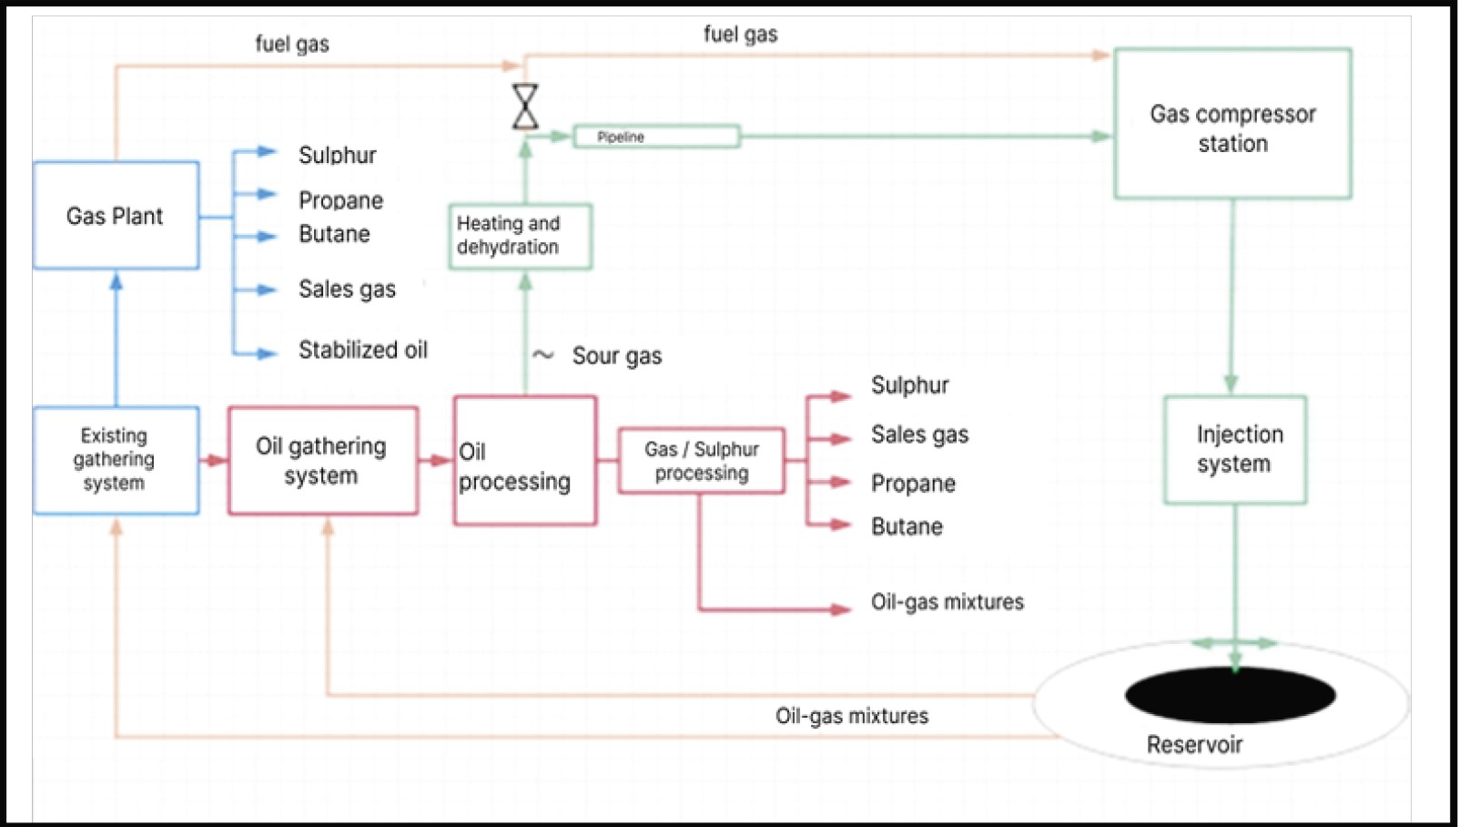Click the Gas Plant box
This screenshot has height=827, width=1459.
tap(116, 216)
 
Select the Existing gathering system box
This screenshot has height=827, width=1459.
tap(116, 460)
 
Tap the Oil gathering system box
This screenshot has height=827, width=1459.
tap(322, 461)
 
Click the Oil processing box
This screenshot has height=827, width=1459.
tap(525, 461)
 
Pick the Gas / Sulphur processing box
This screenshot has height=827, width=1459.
tap(701, 461)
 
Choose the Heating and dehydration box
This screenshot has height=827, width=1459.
tap(520, 236)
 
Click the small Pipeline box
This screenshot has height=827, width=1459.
tap(656, 137)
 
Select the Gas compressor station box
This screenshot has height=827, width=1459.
tap(1232, 125)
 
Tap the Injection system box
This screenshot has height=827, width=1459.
tap(1235, 450)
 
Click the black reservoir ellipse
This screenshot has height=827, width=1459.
tap(1230, 695)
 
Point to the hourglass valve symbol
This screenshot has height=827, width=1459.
tap(525, 107)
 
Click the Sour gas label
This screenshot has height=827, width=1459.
tap(616, 356)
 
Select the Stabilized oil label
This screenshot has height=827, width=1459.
tap(362, 350)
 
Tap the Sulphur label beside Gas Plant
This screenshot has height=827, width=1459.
tap(337, 155)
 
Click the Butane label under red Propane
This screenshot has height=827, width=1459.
tap(907, 526)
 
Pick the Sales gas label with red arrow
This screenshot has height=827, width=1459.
tap(919, 434)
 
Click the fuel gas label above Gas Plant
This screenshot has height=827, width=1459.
tap(291, 44)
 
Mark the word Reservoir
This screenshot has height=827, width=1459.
tap(1194, 745)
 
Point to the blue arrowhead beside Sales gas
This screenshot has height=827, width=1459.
tap(266, 291)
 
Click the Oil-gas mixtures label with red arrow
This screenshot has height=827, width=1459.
tap(947, 602)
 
